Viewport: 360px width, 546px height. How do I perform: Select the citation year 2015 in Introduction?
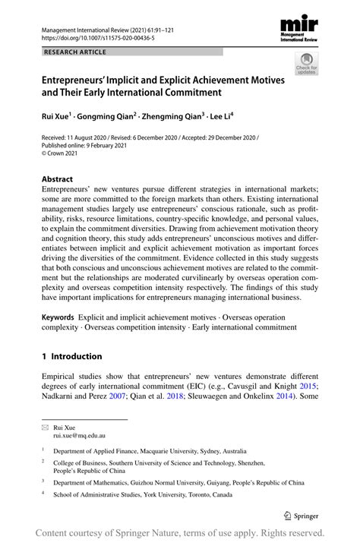[307, 385]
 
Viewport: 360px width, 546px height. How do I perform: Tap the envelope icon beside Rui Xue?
[45, 427]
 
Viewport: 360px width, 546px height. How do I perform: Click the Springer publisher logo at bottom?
[302, 514]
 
